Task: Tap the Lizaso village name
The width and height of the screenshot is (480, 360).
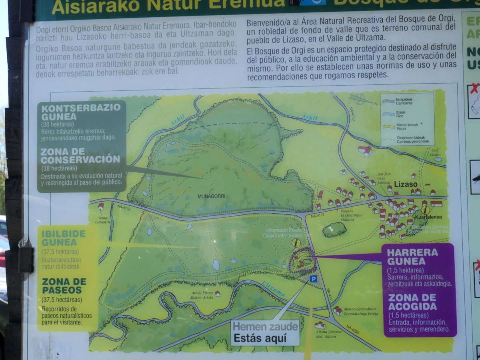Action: (406, 184)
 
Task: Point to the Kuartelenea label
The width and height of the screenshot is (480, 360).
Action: (428, 218)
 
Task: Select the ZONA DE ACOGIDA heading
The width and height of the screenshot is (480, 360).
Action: (412, 302)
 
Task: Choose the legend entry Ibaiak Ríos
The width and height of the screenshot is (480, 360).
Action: (397, 115)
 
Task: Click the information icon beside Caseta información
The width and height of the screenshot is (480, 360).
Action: (296, 243)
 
